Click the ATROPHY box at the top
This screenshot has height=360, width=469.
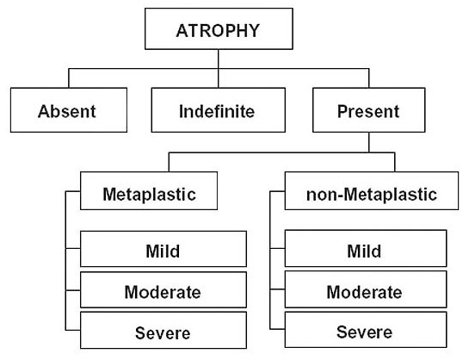pyautogui.click(x=219, y=28)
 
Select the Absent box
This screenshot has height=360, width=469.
pyautogui.click(x=69, y=110)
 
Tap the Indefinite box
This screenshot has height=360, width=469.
pyautogui.click(x=218, y=110)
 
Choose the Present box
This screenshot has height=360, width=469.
pyautogui.click(x=368, y=110)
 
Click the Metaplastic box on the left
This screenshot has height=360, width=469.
pyautogui.click(x=149, y=190)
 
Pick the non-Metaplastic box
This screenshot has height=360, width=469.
pyautogui.click(x=372, y=190)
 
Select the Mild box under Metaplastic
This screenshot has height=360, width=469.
pyautogui.click(x=164, y=249)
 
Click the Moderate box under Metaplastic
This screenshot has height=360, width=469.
pyautogui.click(x=164, y=289)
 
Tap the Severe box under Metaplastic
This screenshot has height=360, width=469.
pyautogui.click(x=164, y=330)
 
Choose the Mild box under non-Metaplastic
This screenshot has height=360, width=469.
pyautogui.click(x=366, y=248)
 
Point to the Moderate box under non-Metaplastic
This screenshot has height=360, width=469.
pyautogui.click(x=366, y=289)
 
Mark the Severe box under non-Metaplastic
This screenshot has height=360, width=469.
pyautogui.click(x=366, y=330)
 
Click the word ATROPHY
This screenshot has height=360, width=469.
pyautogui.click(x=218, y=30)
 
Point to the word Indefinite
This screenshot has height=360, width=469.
pyautogui.click(x=217, y=111)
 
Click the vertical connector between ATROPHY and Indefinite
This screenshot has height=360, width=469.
pyautogui.click(x=219, y=69)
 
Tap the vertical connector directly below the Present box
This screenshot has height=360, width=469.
pyautogui.click(x=369, y=142)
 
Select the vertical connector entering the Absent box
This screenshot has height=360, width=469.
pyautogui.click(x=69, y=78)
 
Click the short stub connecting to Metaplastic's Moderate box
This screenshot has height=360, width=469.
pyautogui.click(x=72, y=290)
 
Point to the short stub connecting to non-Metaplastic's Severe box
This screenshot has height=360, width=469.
pyautogui.click(x=277, y=329)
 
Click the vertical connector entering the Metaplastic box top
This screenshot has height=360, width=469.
pyautogui.click(x=169, y=162)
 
